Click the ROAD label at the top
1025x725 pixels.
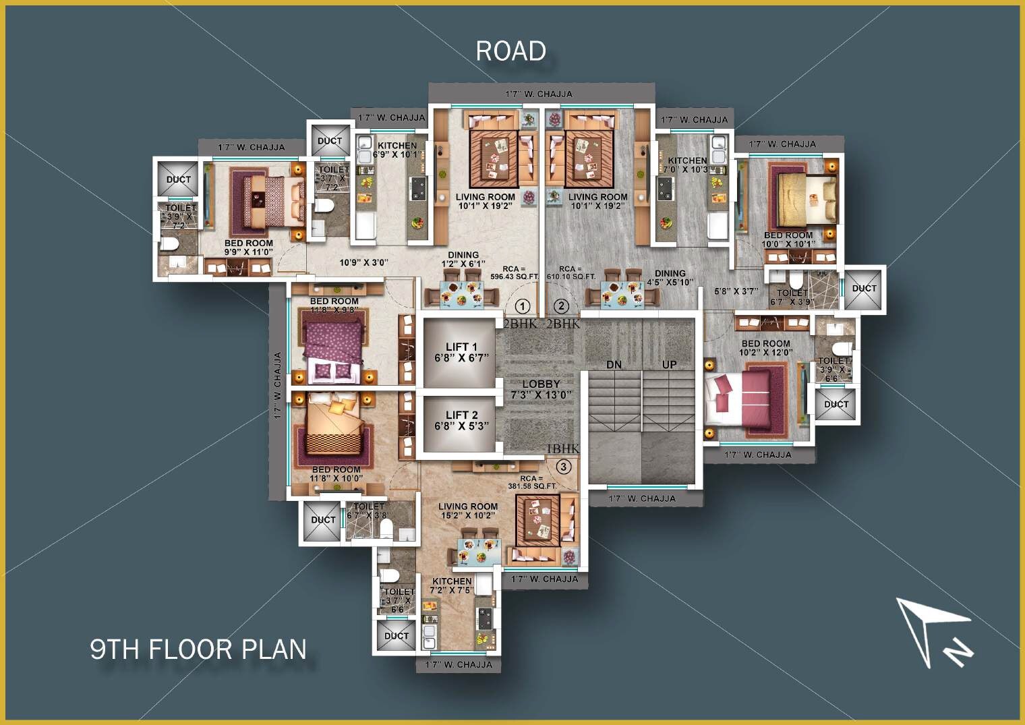(510, 51)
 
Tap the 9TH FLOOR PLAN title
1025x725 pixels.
(198, 649)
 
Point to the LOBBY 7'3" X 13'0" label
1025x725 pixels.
(541, 389)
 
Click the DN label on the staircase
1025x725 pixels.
(614, 365)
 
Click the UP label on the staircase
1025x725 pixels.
(669, 365)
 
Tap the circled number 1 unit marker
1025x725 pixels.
(523, 307)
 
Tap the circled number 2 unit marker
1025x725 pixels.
(562, 307)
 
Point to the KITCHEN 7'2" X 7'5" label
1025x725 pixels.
(452, 585)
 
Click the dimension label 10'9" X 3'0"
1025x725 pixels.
(363, 262)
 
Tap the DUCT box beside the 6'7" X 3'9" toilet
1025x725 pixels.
(864, 289)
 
